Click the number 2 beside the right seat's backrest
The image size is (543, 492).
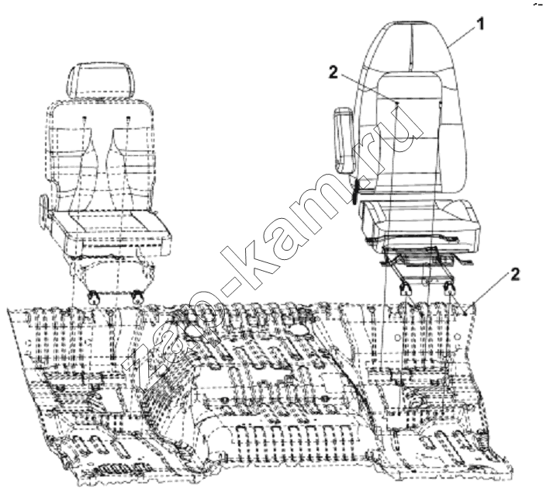click(333, 73)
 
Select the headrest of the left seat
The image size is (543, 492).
click(100, 81)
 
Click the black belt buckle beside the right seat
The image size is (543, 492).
click(355, 192)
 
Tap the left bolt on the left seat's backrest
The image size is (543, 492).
click(84, 119)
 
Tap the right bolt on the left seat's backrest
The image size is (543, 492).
click(129, 119)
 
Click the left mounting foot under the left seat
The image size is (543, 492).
click(93, 298)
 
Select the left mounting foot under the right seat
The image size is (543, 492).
click(404, 288)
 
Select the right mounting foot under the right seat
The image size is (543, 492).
click(448, 288)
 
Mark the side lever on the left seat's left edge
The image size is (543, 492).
click(43, 211)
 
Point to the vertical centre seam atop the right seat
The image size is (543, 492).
click(411, 45)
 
